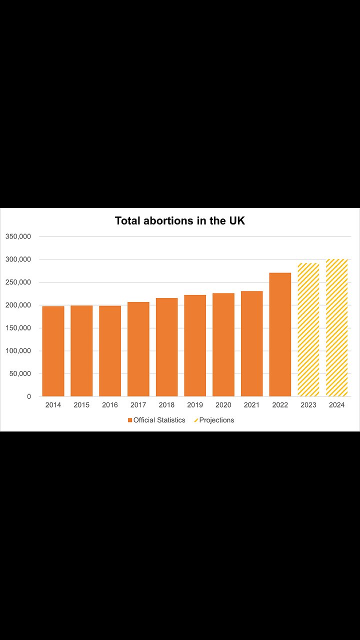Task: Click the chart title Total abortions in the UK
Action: [180, 220]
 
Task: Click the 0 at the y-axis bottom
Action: [29, 396]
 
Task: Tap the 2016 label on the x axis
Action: [110, 405]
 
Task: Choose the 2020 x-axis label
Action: [223, 405]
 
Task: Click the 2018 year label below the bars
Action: [166, 405]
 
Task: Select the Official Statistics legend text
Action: [159, 420]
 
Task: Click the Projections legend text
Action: [216, 420]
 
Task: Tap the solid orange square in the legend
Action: [130, 420]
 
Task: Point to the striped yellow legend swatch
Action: [196, 420]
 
